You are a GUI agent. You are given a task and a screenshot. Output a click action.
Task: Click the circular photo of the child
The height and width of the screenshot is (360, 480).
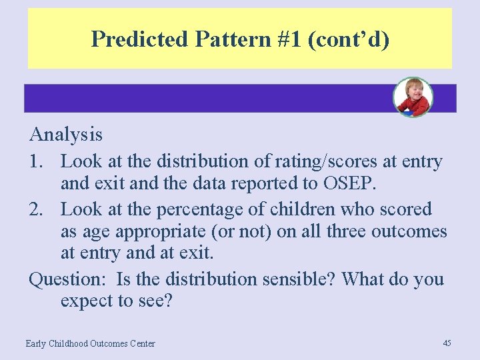pos(413,97)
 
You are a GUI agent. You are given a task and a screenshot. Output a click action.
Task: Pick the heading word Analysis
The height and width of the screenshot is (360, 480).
pos(66,135)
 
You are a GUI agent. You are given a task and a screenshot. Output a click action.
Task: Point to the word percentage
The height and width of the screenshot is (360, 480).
pos(210,209)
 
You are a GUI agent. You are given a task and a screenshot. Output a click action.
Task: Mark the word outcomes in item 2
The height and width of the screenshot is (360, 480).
pos(409,231)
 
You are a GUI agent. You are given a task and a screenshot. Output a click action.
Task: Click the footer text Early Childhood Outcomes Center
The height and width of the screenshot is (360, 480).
pos(90,344)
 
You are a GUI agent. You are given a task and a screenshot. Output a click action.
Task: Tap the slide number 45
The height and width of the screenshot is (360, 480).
pos(447,343)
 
